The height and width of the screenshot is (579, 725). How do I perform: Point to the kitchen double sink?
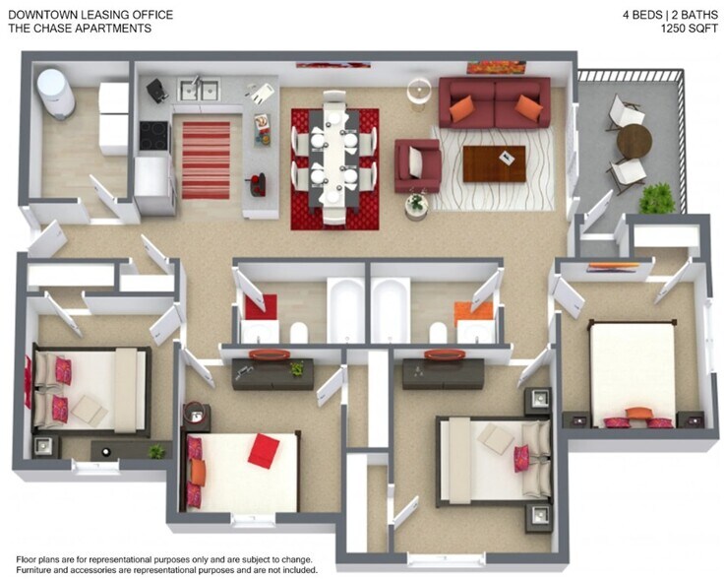(x=199, y=91)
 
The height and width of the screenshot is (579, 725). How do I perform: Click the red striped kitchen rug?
(x=206, y=160)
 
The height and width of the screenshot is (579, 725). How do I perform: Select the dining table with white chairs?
(x=334, y=158)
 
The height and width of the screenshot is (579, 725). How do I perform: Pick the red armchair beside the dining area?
(x=417, y=164)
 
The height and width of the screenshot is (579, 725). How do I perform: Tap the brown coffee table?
(x=494, y=163)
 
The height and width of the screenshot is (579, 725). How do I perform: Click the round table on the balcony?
(x=634, y=141)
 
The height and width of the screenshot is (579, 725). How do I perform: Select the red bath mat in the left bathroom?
(x=261, y=307)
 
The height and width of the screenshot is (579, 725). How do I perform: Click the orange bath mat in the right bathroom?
(x=472, y=309)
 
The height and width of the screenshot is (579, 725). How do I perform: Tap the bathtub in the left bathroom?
(x=345, y=309)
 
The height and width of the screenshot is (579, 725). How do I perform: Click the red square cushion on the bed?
(x=263, y=451)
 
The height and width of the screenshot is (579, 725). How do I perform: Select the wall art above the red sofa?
(x=496, y=67)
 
